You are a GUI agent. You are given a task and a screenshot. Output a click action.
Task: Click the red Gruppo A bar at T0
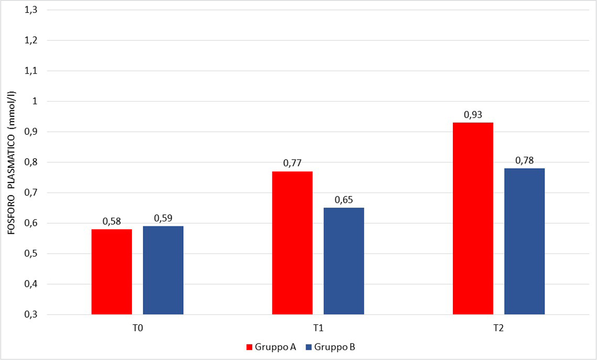point(112,271)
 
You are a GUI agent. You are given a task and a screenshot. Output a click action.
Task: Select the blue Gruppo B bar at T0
point(163,270)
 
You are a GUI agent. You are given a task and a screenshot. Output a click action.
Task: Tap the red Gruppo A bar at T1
point(293,243)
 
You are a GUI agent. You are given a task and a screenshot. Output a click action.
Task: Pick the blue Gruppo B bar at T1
point(344,261)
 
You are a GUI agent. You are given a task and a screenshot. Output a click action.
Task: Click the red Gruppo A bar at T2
point(473,218)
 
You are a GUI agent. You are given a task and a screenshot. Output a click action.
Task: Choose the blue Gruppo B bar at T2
point(524,241)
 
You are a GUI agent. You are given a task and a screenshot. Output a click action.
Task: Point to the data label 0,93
point(473,115)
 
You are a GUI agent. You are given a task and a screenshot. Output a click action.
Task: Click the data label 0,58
point(112,222)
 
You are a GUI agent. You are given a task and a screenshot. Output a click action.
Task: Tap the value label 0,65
point(344,200)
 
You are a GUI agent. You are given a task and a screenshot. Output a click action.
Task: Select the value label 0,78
point(524,161)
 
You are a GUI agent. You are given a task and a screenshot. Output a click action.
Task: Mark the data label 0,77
point(293,164)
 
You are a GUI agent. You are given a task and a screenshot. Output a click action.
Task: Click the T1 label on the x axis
point(318,329)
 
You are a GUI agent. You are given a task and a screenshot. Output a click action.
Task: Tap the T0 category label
point(137,329)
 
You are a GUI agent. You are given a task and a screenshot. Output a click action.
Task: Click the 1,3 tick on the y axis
point(31,10)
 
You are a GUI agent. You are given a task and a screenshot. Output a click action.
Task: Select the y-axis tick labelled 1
point(35,101)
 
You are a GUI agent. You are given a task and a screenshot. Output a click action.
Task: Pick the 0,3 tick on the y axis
point(31,315)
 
